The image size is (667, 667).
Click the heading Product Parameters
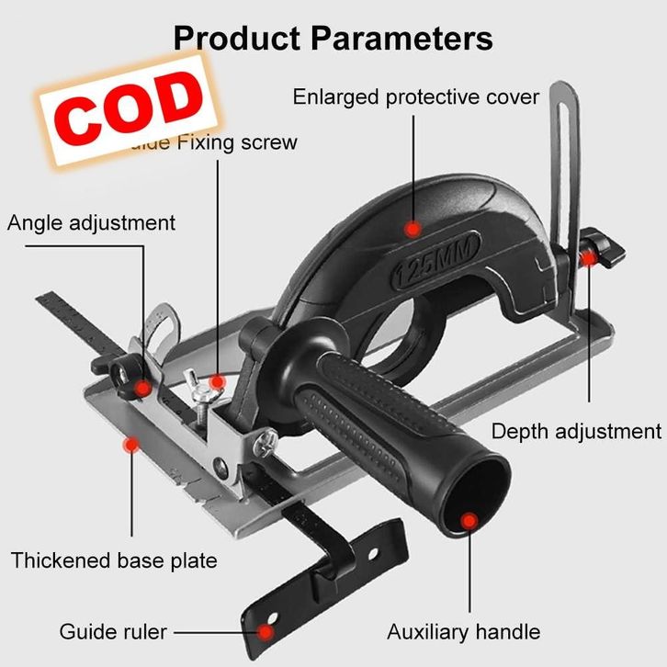(333, 39)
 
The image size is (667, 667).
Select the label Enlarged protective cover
(415, 96)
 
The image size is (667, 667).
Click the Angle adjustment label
(91, 222)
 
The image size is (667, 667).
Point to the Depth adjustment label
(576, 431)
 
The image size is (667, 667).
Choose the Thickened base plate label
(114, 560)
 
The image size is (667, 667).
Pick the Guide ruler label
(113, 631)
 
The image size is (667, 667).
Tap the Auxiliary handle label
(463, 631)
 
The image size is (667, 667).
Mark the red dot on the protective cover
(413, 227)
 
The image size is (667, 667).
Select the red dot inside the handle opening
(469, 522)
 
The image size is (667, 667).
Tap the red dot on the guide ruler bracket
(266, 632)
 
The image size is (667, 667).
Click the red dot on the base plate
(130, 445)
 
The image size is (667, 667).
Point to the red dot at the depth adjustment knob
(588, 258)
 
